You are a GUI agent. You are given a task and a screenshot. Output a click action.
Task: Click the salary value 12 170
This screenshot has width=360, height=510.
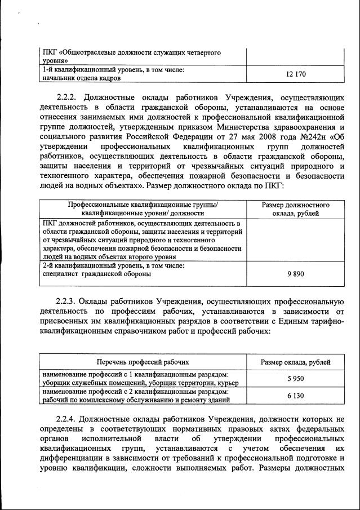pyautogui.click(x=296, y=74)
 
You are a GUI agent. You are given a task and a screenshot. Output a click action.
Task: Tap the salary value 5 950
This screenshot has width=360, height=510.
pyautogui.click(x=296, y=379)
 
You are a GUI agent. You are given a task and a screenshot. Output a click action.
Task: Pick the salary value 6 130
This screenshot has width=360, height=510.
pyautogui.click(x=296, y=396)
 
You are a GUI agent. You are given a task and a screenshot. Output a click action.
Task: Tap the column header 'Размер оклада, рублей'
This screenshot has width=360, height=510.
pyautogui.click(x=296, y=362)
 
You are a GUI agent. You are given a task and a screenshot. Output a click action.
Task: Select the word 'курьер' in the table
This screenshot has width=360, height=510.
pyautogui.click(x=227, y=383)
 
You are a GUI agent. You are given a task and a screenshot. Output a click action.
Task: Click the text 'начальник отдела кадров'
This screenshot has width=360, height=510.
pyautogui.click(x=82, y=78)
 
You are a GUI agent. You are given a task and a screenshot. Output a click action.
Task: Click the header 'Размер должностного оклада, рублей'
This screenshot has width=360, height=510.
pyautogui.click(x=296, y=209)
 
